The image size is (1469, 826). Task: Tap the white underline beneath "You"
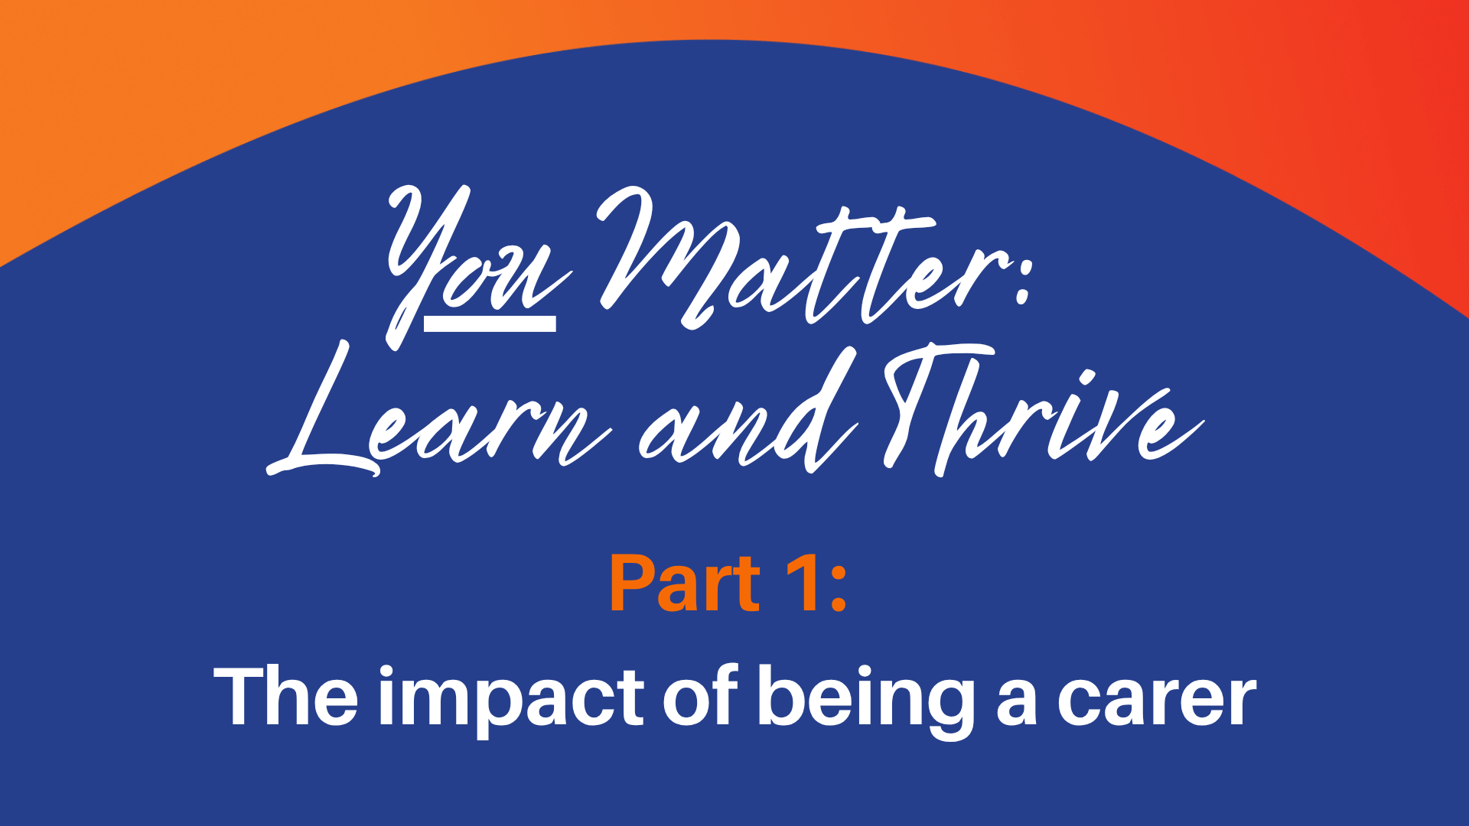[490, 324]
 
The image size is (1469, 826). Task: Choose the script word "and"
[746, 413]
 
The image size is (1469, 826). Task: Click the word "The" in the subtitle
[285, 696]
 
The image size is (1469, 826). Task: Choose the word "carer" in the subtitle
[1157, 702]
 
